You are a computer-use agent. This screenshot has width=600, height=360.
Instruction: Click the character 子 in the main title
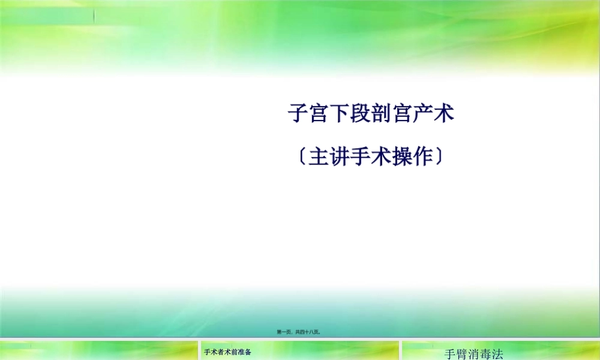[299, 114]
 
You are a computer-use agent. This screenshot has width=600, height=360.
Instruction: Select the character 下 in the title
[340, 114]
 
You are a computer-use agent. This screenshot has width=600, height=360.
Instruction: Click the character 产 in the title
[423, 114]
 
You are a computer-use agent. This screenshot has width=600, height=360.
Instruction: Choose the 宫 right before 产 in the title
[403, 114]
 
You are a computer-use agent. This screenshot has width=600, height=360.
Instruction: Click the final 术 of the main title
[444, 114]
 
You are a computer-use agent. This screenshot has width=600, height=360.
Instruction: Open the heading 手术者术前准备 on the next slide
[227, 352]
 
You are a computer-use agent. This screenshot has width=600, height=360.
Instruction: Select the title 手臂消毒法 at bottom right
[473, 354]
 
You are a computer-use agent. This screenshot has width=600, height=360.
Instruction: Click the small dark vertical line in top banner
[94, 17]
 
